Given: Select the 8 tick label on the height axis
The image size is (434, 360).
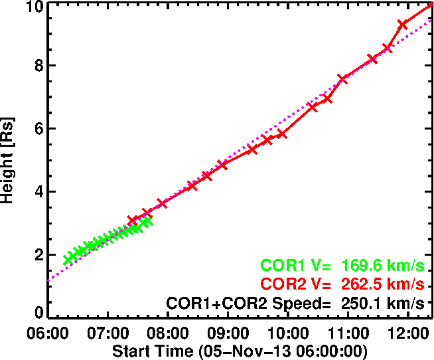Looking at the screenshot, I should [x=38, y=66].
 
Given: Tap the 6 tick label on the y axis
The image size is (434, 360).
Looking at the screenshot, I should [x=38, y=129].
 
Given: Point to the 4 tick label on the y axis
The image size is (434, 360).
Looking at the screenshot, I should [x=38, y=192].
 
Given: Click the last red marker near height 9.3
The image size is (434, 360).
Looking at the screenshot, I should [x=402, y=25].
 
